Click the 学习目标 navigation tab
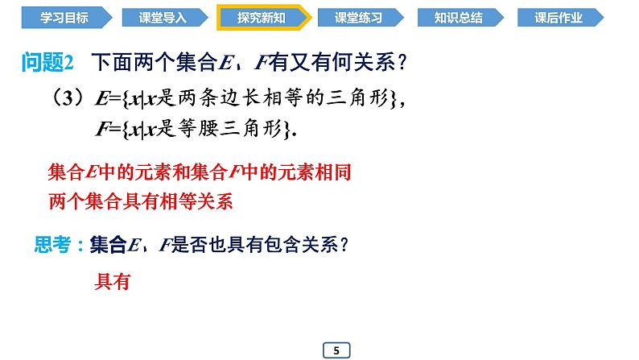[57, 16]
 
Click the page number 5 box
[336, 350]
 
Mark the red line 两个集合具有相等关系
[140, 201]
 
